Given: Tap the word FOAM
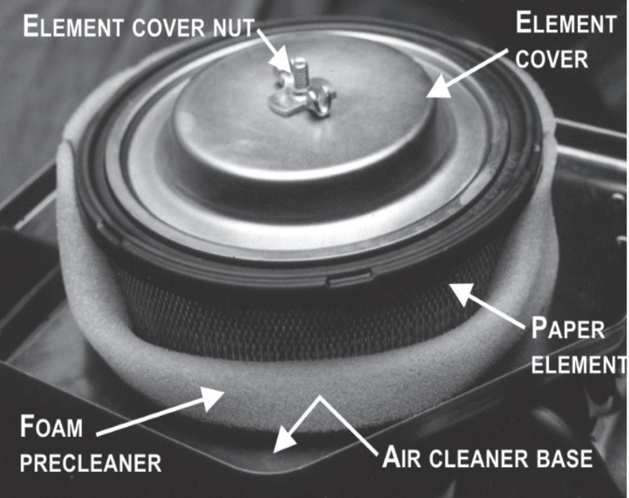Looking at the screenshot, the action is coord(52,427).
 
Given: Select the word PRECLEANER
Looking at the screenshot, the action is coord(91,463).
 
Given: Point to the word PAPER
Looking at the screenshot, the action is coord(567,329).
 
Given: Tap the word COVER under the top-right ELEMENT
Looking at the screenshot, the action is coord(551,60).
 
